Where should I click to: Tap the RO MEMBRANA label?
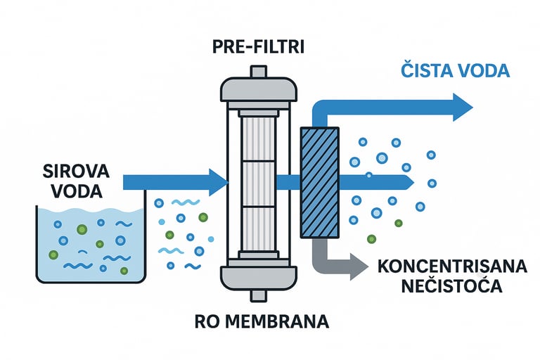pos(262,323)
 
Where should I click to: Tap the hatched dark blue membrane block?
pos(320,182)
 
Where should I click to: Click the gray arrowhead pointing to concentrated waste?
pos(358,266)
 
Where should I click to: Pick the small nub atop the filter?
pos(257,71)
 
